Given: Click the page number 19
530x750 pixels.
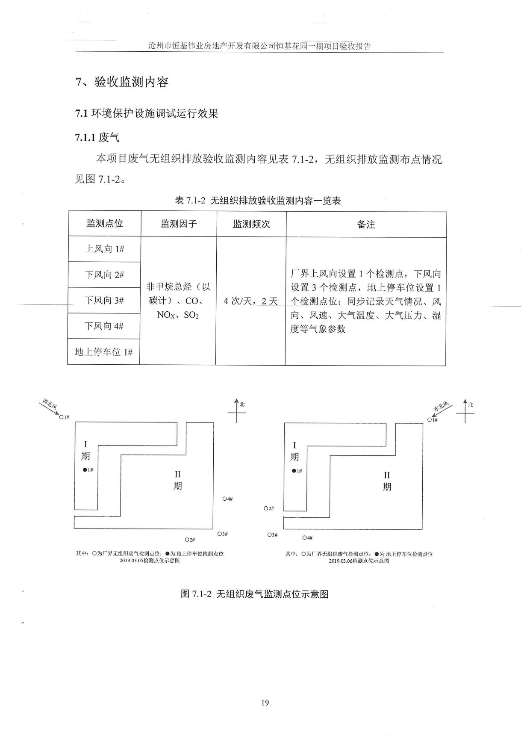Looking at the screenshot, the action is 265,703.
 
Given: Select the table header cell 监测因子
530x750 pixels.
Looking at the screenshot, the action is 179,223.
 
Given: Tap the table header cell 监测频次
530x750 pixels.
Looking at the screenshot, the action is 251,224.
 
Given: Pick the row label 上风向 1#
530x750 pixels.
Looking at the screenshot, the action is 105,249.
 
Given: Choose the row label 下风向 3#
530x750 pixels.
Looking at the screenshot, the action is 104,300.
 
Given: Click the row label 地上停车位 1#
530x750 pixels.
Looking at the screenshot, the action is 104,352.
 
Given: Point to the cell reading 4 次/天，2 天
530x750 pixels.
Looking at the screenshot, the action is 251,301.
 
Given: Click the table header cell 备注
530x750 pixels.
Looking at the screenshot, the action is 366,224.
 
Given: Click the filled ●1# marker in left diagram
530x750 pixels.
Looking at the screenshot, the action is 85,470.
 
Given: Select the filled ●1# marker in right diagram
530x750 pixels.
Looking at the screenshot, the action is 294,471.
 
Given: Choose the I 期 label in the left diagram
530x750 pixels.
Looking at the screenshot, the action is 85,451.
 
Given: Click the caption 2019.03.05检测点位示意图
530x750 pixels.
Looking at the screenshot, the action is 150,561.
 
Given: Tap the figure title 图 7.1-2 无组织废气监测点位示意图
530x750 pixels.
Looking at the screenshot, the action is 255,594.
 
